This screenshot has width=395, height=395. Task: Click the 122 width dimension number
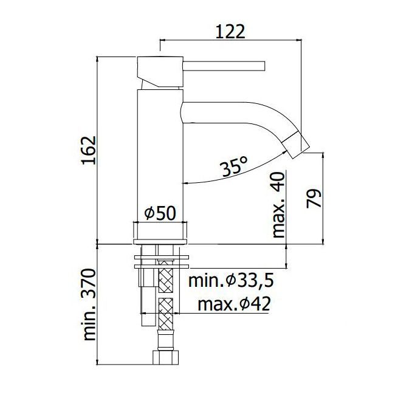pos(230,32)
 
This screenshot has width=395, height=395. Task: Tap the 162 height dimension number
pos(89,150)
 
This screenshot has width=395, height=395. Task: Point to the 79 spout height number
pos(314,198)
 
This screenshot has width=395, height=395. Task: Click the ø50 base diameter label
pos(160,213)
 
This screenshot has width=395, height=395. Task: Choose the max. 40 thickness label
pos(279,205)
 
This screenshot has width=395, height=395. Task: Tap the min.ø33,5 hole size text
pos(231,281)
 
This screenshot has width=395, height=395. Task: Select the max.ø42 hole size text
pos(234,304)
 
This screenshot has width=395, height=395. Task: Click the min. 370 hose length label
pos(89,305)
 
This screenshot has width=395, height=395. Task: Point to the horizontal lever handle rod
pos(224,65)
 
